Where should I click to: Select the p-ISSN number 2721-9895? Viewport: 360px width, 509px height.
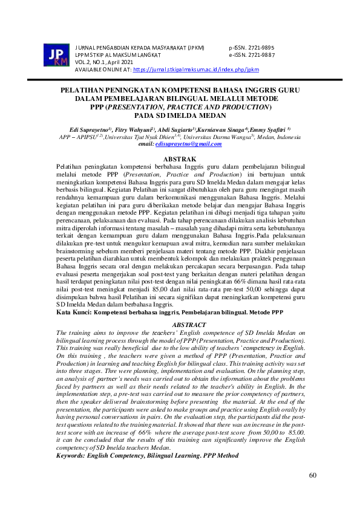click(263, 47)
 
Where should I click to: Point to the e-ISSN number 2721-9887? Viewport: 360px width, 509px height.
click(263, 55)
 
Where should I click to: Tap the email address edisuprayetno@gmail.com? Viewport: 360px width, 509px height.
click(188, 144)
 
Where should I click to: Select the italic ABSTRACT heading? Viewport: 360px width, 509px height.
click(180, 325)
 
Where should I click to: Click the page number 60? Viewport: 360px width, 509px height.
click(313, 475)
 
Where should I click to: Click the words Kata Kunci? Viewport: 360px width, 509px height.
click(74, 313)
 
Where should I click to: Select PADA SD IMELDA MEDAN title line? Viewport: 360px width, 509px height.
click(180, 115)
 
